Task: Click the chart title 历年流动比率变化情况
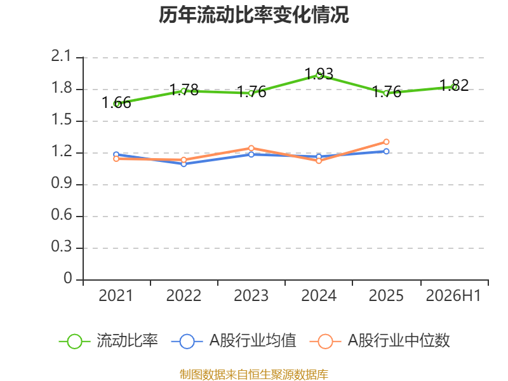click(x=253, y=15)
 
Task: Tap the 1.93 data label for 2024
click(x=319, y=74)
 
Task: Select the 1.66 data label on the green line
click(x=116, y=103)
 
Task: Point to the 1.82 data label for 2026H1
click(x=454, y=86)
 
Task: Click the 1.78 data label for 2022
click(x=184, y=90)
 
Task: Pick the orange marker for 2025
click(x=386, y=142)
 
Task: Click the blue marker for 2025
click(x=386, y=151)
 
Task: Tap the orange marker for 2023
click(x=251, y=148)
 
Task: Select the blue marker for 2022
click(x=184, y=164)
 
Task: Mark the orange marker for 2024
click(x=319, y=161)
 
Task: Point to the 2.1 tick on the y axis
click(x=60, y=57)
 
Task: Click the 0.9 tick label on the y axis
click(x=62, y=184)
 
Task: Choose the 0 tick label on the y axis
click(x=68, y=278)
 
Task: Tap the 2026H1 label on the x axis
click(x=453, y=296)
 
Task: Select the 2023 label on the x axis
click(x=251, y=296)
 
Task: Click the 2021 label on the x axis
click(x=116, y=296)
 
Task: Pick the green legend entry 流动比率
click(x=109, y=341)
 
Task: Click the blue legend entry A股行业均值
click(x=234, y=341)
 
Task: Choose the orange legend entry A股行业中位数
click(x=380, y=341)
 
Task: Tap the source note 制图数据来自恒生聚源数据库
click(x=253, y=375)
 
